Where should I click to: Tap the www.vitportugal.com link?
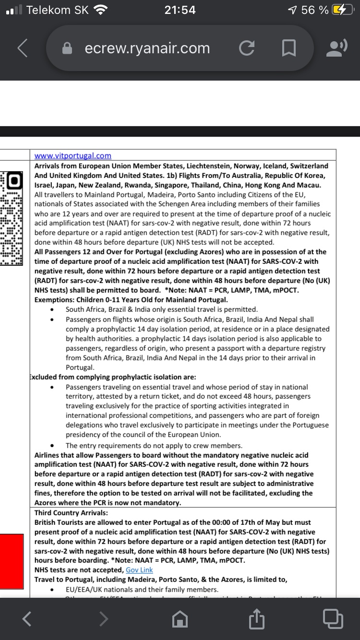point(73,155)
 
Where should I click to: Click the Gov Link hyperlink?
point(139,570)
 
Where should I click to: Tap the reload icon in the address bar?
point(247,48)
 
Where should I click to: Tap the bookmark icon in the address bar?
point(288,48)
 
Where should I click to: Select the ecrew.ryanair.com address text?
point(147,48)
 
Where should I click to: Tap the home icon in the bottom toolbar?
point(180,619)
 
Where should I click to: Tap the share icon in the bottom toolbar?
point(257,619)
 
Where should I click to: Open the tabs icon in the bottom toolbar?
point(333,618)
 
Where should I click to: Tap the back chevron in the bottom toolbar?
point(27,619)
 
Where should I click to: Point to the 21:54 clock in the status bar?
point(180,10)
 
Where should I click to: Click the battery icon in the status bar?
point(343,10)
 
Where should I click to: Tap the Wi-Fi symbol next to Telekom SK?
point(101,10)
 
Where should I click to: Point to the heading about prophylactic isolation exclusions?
point(113,377)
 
